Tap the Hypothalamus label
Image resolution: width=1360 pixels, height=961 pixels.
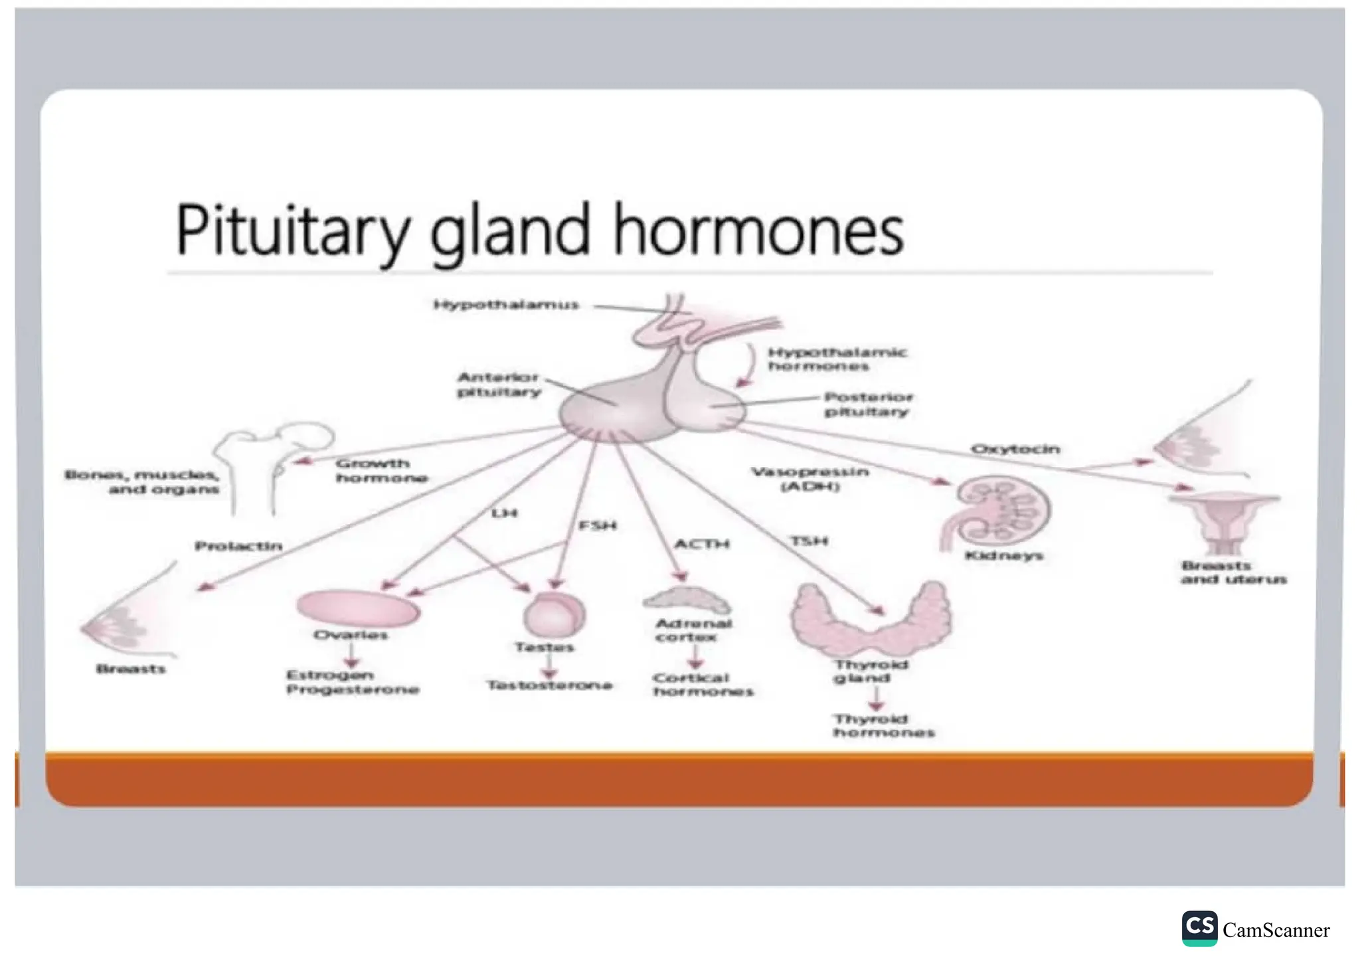pyautogui.click(x=506, y=305)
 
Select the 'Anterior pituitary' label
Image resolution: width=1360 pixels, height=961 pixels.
pyautogui.click(x=499, y=385)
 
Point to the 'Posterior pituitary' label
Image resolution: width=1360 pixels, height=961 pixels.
pyautogui.click(x=869, y=404)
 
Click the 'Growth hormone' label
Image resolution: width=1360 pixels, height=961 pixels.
pyautogui.click(x=381, y=470)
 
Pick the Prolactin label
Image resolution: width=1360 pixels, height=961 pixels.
pyautogui.click(x=238, y=546)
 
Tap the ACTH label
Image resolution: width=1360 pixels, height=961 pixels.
pyautogui.click(x=702, y=544)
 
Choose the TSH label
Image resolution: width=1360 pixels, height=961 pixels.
pyautogui.click(x=809, y=541)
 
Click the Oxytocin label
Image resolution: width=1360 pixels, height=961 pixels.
pyautogui.click(x=1015, y=449)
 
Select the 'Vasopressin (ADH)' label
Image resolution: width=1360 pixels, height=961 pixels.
pyautogui.click(x=810, y=479)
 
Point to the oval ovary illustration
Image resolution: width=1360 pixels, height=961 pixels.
pyautogui.click(x=357, y=608)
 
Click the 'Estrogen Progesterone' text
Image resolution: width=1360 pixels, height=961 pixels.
pyautogui.click(x=352, y=682)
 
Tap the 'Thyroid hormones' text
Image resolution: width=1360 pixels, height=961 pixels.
pyautogui.click(x=884, y=726)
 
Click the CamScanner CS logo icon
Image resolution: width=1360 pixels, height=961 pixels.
pyautogui.click(x=1199, y=928)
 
